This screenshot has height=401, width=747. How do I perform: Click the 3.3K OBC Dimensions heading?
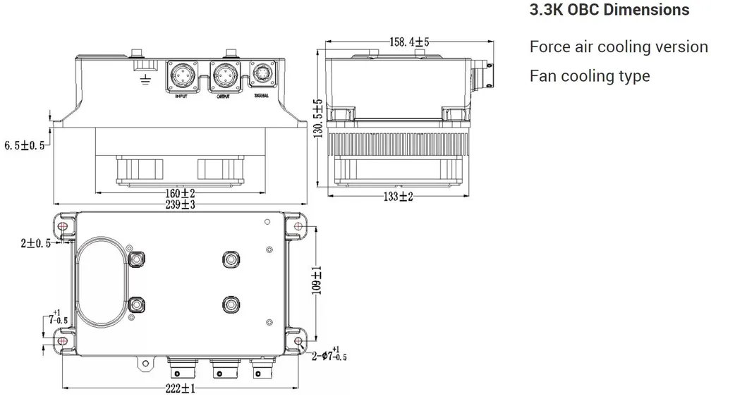pos(609,11)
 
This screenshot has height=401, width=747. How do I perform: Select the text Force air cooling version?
pos(619,47)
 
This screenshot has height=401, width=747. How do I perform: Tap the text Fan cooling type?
pos(590,76)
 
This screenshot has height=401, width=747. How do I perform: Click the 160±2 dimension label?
pos(180,193)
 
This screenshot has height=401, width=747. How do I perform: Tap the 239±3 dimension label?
pos(180,204)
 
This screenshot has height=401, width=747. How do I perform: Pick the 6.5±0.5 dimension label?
pos(24,145)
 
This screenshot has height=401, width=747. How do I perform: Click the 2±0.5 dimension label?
pos(35,243)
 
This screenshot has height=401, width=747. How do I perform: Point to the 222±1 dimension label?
pos(179,388)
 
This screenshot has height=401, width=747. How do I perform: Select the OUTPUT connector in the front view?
pos(225,75)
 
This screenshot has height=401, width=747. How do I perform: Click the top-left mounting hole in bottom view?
pos(63,227)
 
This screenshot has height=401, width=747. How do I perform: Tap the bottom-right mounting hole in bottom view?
pos(298,342)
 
